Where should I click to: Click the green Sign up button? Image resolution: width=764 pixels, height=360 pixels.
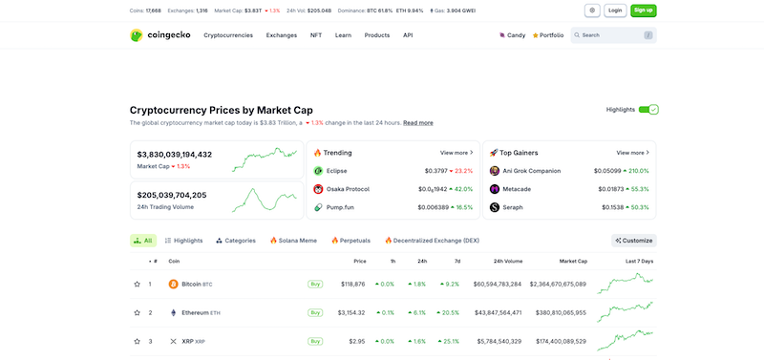(x=644, y=11)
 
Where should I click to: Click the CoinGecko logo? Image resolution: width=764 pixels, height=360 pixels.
(x=159, y=35)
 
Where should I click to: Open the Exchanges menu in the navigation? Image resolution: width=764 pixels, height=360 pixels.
(x=281, y=35)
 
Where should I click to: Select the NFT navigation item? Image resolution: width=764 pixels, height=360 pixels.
(x=315, y=35)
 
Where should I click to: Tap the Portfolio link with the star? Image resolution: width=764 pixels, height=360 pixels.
(x=548, y=35)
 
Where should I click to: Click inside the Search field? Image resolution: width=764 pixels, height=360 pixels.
(x=611, y=35)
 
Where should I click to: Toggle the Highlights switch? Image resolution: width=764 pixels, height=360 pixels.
(x=648, y=110)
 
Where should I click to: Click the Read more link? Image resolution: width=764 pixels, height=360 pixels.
(x=417, y=123)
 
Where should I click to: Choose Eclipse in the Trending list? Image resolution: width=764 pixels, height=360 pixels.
(x=336, y=171)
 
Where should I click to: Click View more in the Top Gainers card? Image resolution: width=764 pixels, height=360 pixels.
(x=632, y=153)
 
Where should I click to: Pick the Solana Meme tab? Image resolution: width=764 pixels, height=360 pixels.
(x=293, y=241)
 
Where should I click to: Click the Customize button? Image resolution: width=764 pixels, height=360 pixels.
(x=634, y=241)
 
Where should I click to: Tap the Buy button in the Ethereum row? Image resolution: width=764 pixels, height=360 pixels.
(x=314, y=312)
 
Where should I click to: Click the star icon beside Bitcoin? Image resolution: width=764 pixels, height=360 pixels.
(x=137, y=284)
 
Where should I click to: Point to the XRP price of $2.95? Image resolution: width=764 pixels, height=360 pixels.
(x=356, y=341)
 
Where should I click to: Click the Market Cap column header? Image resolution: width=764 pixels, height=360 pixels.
(x=573, y=261)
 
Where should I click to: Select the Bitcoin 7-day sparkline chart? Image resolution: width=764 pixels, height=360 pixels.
(x=626, y=284)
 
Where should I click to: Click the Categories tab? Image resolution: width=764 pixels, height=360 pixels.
(x=236, y=241)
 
